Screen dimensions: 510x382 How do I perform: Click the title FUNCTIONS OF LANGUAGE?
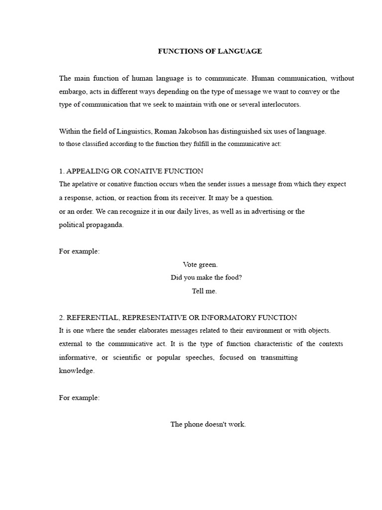coord(209,51)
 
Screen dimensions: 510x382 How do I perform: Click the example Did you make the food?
coord(206,277)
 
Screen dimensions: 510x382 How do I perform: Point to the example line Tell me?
coord(204,291)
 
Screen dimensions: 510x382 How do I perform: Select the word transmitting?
coord(279,358)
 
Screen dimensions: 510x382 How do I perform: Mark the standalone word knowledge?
coord(77,371)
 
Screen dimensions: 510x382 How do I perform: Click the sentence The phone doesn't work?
coord(208,424)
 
